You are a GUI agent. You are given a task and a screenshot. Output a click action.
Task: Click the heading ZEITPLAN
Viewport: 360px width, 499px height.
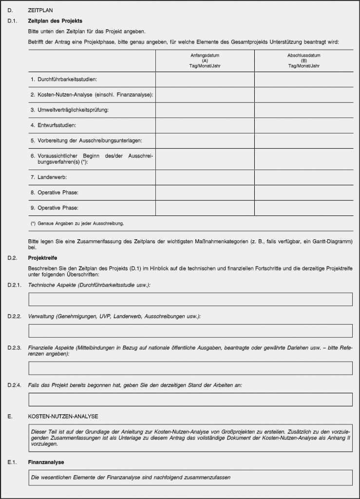[41, 10]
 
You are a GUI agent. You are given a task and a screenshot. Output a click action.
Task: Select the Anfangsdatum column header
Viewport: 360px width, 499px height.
[205, 61]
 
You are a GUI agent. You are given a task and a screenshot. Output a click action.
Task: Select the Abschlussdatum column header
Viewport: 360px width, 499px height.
[303, 61]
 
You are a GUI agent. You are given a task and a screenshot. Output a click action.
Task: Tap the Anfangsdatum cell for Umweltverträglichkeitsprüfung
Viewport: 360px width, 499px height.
[205, 110]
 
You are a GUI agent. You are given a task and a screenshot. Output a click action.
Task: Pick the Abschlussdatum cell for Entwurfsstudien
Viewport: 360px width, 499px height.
[303, 125]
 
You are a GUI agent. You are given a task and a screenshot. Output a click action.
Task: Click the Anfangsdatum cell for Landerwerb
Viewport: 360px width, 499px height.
[205, 177]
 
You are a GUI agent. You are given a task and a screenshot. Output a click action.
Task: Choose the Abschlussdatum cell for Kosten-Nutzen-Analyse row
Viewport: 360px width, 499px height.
[303, 95]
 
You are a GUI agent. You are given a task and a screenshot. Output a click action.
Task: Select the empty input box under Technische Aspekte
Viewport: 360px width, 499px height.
[190, 299]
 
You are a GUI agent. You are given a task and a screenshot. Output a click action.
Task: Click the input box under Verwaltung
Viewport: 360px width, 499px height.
[190, 331]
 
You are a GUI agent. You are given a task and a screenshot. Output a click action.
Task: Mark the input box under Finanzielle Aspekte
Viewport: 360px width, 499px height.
[190, 368]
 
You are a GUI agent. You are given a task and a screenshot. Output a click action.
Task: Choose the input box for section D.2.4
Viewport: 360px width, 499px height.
[190, 400]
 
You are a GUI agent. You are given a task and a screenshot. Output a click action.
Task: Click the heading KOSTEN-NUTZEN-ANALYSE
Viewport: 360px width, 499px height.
[63, 417]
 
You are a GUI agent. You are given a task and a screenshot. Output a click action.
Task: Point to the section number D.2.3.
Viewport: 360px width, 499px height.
[15, 347]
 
